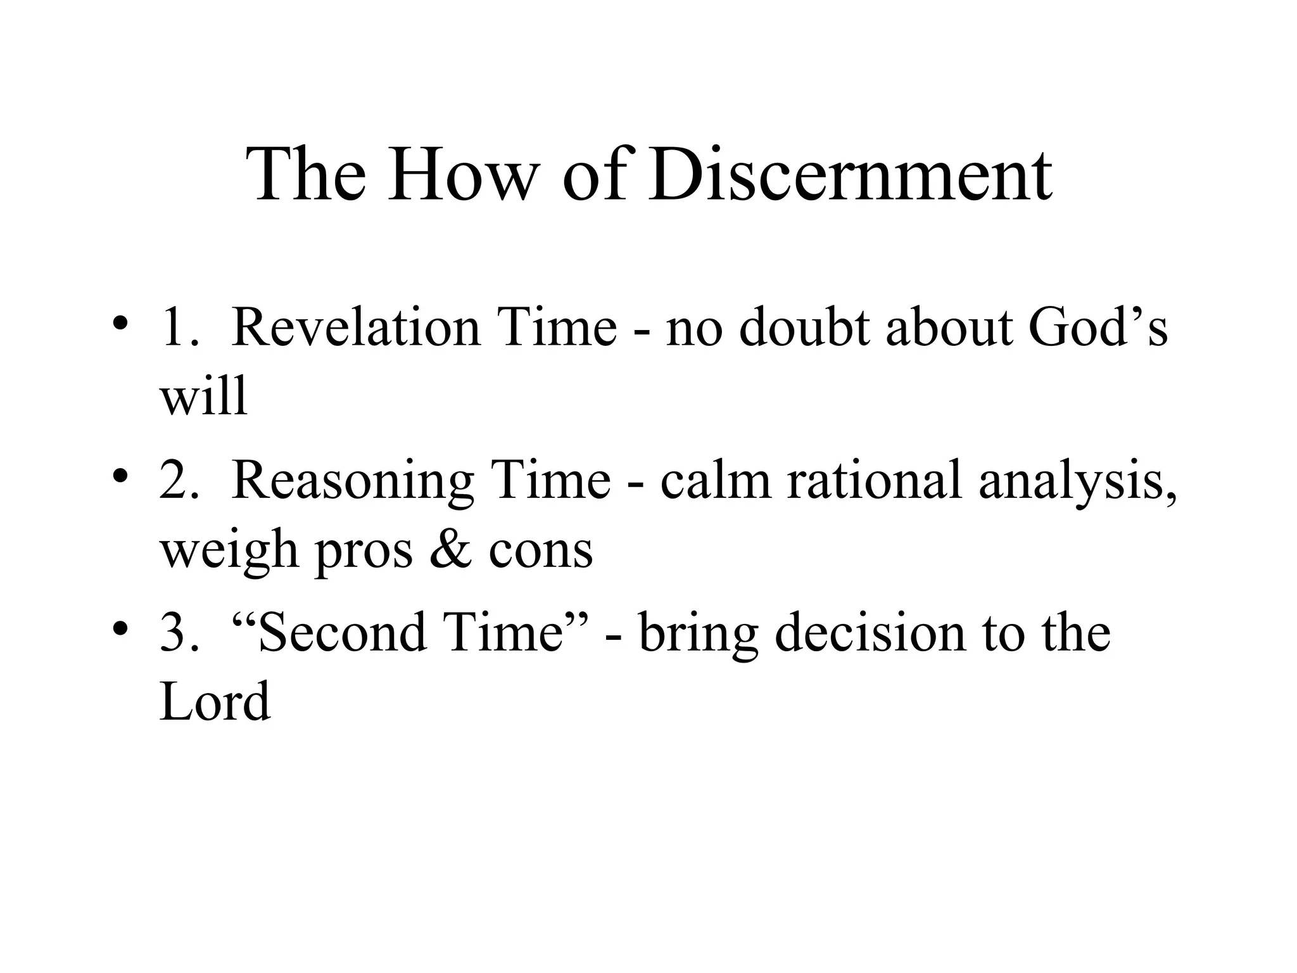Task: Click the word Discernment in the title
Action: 850,174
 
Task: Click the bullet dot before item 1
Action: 118,322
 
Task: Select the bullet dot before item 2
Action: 118,476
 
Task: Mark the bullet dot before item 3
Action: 118,629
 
